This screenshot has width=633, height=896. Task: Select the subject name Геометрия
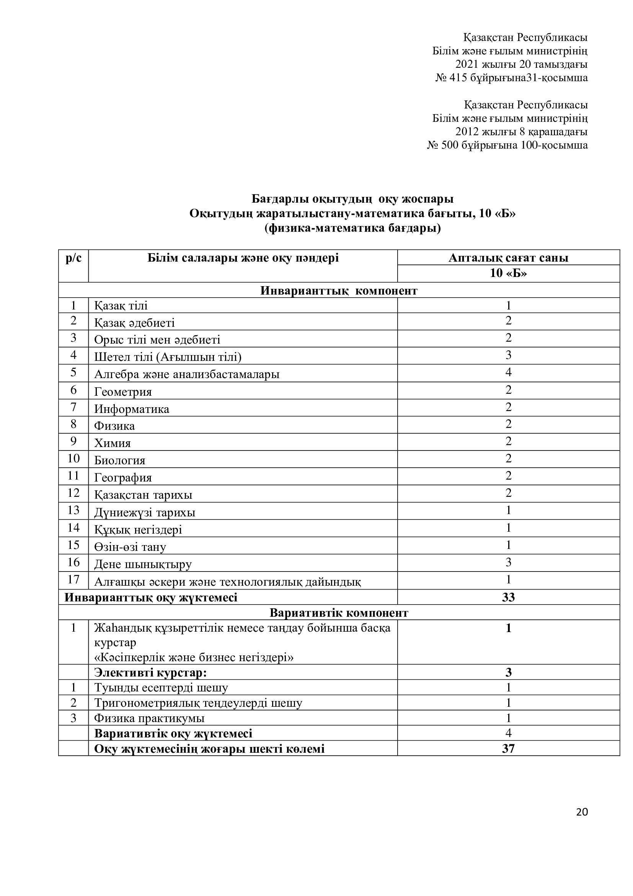tap(123, 391)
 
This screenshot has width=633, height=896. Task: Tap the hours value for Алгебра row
tap(508, 372)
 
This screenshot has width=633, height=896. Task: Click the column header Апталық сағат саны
tap(508, 257)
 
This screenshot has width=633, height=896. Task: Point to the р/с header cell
tap(73, 258)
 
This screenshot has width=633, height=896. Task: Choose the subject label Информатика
tap(132, 409)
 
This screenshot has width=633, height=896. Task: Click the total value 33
tap(508, 597)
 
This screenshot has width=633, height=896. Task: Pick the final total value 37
tap(508, 748)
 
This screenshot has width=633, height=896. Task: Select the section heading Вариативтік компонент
tap(339, 613)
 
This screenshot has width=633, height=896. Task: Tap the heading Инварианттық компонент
tap(339, 291)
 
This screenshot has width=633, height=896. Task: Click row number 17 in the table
tap(73, 580)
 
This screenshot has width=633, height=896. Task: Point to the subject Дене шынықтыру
tap(143, 564)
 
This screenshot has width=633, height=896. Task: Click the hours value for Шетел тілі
tap(508, 355)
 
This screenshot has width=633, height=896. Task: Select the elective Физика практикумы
tap(149, 718)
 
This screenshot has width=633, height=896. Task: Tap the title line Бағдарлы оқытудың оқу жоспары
tap(352, 199)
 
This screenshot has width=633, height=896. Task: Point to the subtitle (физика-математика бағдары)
tap(352, 228)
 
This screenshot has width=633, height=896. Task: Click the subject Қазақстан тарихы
tap(143, 495)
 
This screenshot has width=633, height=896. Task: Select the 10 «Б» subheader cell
tap(508, 273)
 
